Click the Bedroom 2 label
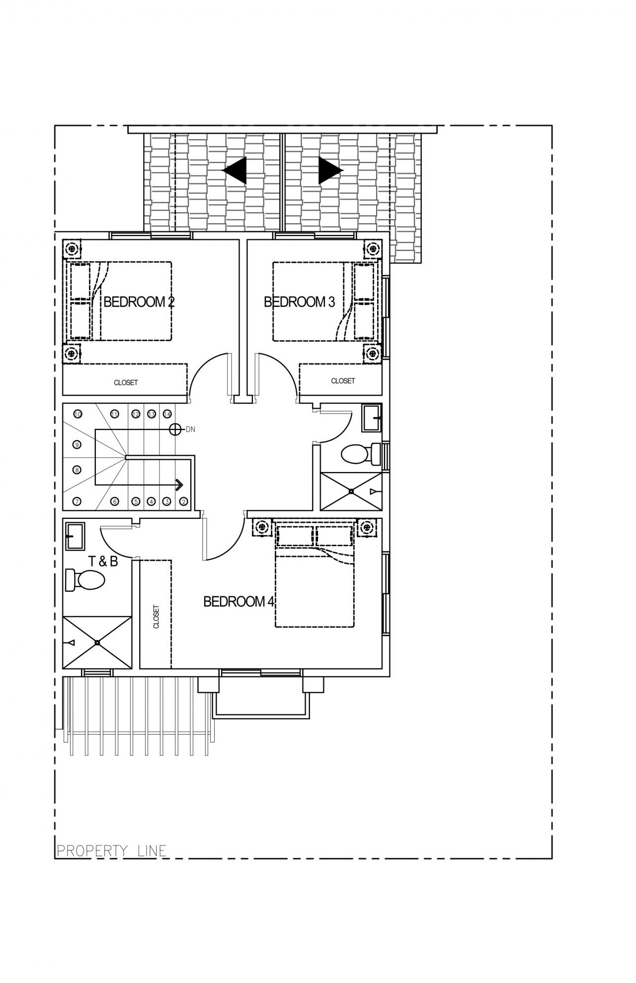[x=139, y=302]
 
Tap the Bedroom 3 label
[x=299, y=302]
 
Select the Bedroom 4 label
[x=239, y=602]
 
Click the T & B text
[x=103, y=562]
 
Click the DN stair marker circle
[x=175, y=429]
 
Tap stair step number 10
[x=78, y=413]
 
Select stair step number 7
[x=77, y=501]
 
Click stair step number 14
[x=167, y=413]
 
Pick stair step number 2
[x=183, y=501]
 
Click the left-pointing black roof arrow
[x=234, y=170]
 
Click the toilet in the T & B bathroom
[x=85, y=579]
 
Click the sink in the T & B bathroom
[x=75, y=536]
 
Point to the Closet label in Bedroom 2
[x=126, y=383]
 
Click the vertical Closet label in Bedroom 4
[x=157, y=617]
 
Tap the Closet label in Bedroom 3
[x=343, y=381]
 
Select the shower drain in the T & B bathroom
[x=97, y=643]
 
